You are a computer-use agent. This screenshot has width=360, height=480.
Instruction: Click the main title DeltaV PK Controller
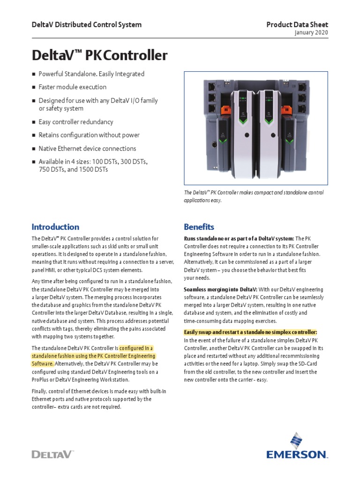(x=99, y=55)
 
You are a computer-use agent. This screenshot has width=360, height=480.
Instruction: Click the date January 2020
(x=311, y=33)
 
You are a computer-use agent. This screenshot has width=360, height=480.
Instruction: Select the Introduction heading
(x=55, y=227)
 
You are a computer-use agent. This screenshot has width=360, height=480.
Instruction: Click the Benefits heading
(x=199, y=227)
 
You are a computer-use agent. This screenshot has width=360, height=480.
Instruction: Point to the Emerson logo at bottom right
(x=297, y=448)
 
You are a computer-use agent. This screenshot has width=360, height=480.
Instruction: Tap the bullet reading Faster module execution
(x=72, y=87)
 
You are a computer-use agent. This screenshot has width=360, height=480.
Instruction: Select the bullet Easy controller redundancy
(x=75, y=122)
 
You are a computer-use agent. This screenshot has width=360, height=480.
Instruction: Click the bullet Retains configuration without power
(x=89, y=135)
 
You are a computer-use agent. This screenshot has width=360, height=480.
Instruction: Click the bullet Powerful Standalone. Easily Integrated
(x=91, y=74)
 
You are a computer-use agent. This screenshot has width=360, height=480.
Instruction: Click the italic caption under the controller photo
(x=253, y=196)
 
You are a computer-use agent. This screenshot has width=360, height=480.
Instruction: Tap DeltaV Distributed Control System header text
(x=86, y=24)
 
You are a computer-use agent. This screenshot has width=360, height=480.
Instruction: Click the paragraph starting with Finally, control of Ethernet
(x=98, y=399)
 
